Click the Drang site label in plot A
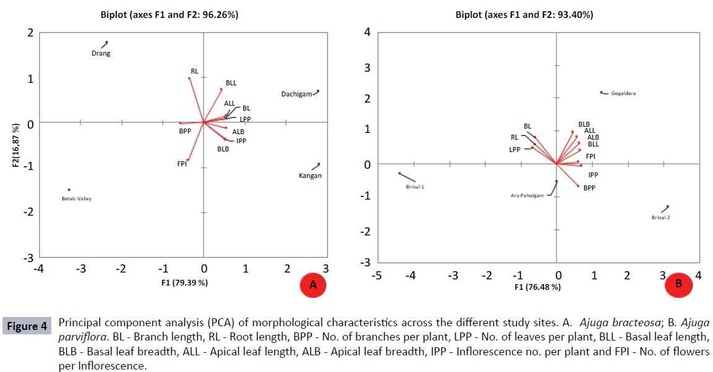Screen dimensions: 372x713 click(101, 54)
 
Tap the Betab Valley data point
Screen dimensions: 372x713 click(69, 190)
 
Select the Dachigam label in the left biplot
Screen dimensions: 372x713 click(296, 94)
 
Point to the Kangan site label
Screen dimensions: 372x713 click(309, 175)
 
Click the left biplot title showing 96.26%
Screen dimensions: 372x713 click(170, 14)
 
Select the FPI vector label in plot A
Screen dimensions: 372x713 click(182, 164)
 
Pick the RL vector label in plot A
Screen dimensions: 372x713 click(194, 71)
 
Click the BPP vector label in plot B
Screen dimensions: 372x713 click(589, 188)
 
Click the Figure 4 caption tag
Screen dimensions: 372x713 click(27, 326)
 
